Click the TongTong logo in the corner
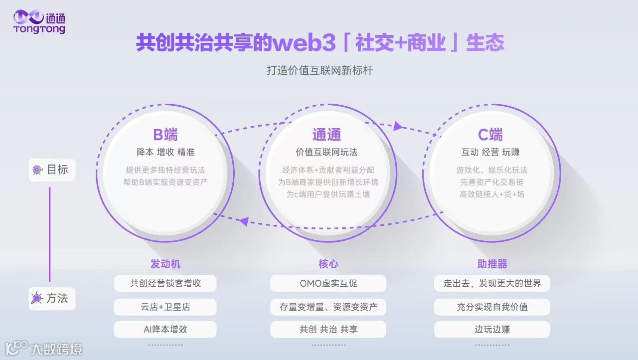tap(39, 22)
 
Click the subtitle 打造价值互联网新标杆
tap(319, 70)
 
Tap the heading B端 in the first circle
tap(165, 135)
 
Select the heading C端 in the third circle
tap(490, 135)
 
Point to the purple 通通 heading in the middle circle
tap(326, 135)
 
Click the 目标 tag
tap(52, 170)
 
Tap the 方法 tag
tap(52, 298)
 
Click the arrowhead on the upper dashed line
tap(398, 126)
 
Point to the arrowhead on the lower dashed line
tap(244, 221)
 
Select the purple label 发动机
tap(165, 264)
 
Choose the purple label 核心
tap(328, 264)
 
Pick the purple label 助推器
tap(492, 264)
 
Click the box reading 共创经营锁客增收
tap(165, 283)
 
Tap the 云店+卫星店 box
tap(165, 307)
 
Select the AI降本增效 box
tap(165, 329)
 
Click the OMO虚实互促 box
tap(328, 283)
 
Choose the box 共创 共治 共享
tap(328, 329)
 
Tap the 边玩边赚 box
tap(492, 329)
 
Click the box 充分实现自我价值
tap(492, 307)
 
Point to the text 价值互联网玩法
tap(326, 152)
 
